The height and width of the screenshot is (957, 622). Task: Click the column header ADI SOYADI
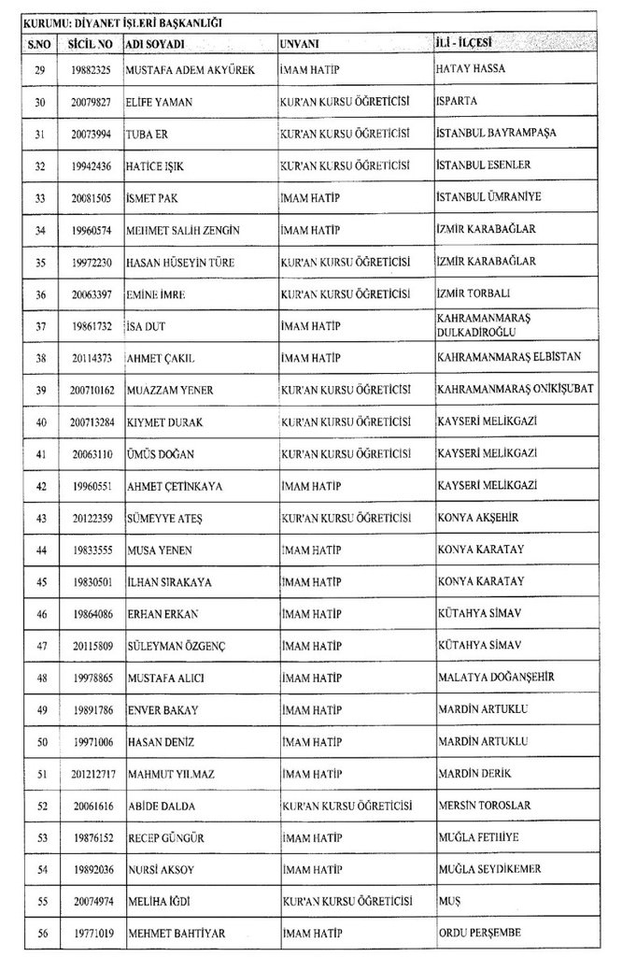tap(158, 44)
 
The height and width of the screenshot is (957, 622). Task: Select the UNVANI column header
tap(300, 44)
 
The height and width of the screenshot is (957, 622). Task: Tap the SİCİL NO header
tap(90, 44)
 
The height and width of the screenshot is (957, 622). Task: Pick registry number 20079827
tap(90, 103)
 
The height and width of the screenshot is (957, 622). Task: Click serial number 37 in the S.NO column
tap(40, 325)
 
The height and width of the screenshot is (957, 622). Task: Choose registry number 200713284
tap(90, 422)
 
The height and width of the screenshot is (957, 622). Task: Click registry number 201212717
tap(90, 774)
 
